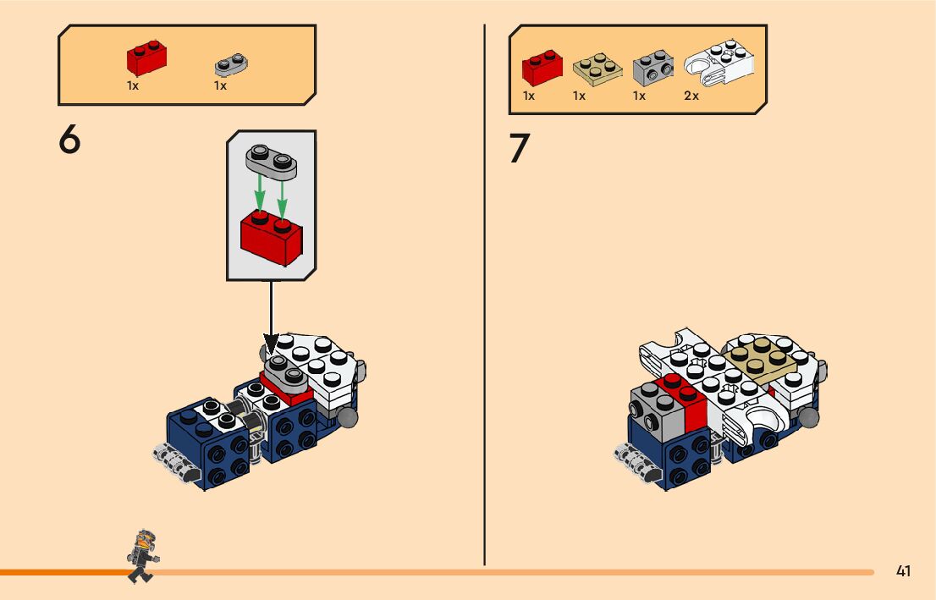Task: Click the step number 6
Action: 69,139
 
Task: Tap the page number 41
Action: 903,571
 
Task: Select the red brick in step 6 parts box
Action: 146,58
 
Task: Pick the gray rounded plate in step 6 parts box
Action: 231,64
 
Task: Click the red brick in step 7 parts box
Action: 542,68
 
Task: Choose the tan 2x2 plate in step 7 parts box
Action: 597,69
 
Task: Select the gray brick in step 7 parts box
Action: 653,68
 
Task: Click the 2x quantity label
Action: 691,96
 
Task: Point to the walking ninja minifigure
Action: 142,556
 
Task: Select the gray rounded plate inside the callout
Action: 271,162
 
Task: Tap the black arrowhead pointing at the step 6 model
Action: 271,344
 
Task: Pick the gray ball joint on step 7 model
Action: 809,416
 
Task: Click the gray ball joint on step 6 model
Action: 347,416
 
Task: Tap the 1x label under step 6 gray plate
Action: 220,86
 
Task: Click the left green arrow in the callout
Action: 259,192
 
